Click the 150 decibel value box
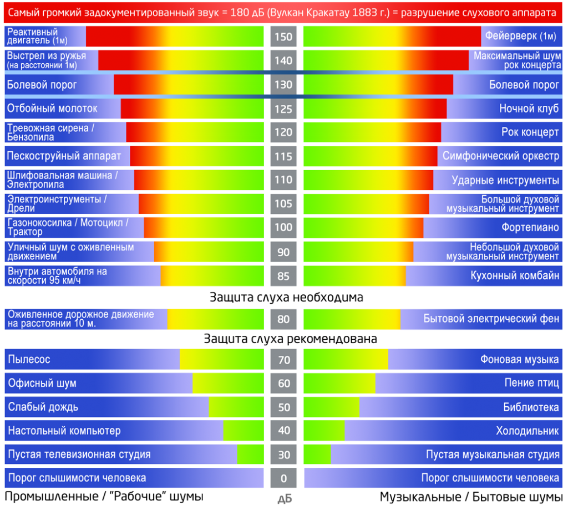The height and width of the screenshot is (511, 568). pyautogui.click(x=283, y=37)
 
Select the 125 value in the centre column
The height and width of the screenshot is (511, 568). pyautogui.click(x=283, y=109)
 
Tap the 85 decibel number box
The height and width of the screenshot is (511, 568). pyautogui.click(x=283, y=275)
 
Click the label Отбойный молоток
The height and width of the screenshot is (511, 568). pyautogui.click(x=52, y=109)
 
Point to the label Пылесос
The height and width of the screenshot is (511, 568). pyautogui.click(x=29, y=359)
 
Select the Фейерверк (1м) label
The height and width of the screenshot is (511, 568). pyautogui.click(x=520, y=37)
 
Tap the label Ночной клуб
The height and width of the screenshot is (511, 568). pyautogui.click(x=529, y=109)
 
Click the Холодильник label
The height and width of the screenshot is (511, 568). pyautogui.click(x=527, y=431)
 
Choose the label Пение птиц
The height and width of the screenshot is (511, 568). pyautogui.click(x=531, y=383)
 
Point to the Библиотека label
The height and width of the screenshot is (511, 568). pyautogui.click(x=531, y=407)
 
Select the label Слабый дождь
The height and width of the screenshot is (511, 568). pyautogui.click(x=43, y=407)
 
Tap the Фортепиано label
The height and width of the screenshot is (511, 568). pyautogui.click(x=530, y=227)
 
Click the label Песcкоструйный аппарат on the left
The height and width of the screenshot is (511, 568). pyautogui.click(x=64, y=156)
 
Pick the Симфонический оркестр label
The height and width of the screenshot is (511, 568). pyautogui.click(x=500, y=156)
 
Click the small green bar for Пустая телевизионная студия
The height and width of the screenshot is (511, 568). pyautogui.click(x=250, y=454)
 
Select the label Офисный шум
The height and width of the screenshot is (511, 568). pyautogui.click(x=42, y=383)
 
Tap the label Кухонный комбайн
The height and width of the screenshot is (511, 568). pyautogui.click(x=514, y=275)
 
